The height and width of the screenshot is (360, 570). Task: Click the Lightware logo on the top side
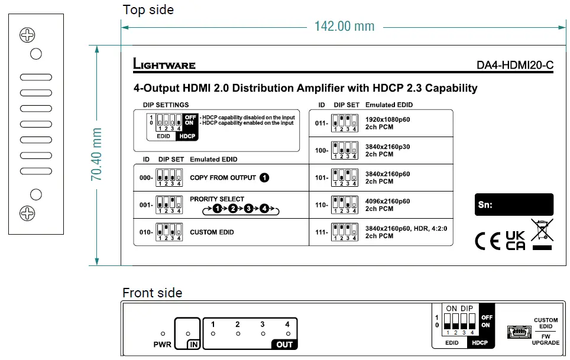(164, 64)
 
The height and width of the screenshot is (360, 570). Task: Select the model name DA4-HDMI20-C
(514, 66)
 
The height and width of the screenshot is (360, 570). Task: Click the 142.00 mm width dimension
(344, 26)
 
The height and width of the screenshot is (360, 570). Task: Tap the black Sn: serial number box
(514, 205)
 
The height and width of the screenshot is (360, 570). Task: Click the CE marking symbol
(488, 241)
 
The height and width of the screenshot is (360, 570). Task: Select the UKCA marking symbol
(515, 241)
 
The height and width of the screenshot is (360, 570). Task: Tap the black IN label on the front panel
(192, 344)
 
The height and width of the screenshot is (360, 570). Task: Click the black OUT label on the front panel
(284, 344)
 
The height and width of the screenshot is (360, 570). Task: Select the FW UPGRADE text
(546, 339)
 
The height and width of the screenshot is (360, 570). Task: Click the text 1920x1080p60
(387, 119)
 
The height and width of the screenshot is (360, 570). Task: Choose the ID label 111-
(322, 232)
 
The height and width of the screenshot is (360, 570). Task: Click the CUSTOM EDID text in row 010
(212, 232)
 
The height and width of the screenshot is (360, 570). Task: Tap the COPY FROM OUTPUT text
(223, 177)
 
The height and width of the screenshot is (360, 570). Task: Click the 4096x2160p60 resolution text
(387, 202)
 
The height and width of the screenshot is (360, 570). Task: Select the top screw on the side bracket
(27, 35)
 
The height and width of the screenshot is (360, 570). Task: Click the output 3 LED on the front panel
(262, 333)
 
